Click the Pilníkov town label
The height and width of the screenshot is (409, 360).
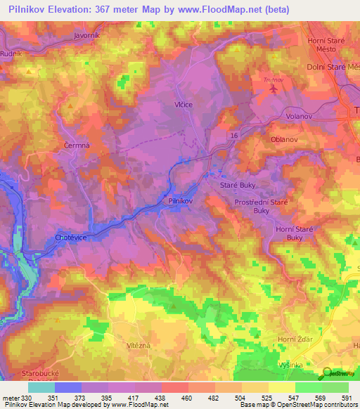click(x=181, y=200)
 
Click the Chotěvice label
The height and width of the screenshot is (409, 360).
click(x=71, y=238)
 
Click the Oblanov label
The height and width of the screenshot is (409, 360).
click(x=285, y=139)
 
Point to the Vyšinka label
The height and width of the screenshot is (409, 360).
click(x=290, y=367)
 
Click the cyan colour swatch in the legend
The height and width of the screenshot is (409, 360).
click(x=41, y=387)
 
